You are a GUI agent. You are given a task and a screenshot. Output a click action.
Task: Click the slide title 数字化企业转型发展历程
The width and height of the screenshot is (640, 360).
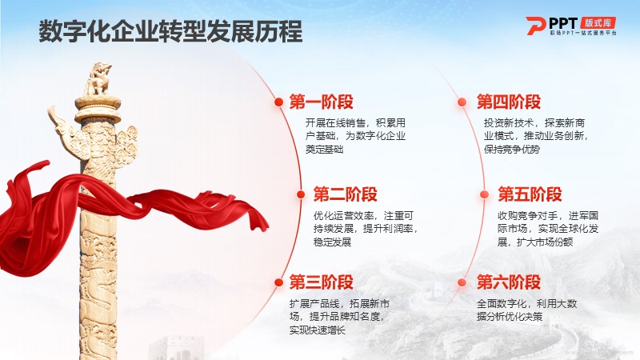pyautogui.click(x=170, y=31)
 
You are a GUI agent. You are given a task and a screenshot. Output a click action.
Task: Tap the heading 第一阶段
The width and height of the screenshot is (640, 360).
pyautogui.click(x=322, y=102)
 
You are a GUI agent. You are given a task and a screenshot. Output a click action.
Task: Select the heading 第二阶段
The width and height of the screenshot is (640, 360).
pyautogui.click(x=346, y=194)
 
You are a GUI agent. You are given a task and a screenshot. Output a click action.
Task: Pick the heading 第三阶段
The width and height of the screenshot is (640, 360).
pyautogui.click(x=322, y=282)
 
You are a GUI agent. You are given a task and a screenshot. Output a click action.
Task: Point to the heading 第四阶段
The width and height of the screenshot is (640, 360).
pyautogui.click(x=509, y=102)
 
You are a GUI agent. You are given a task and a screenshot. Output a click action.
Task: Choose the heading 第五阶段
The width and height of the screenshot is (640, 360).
pyautogui.click(x=530, y=194)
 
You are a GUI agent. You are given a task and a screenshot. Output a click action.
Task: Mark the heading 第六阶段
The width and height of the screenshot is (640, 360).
pyautogui.click(x=509, y=282)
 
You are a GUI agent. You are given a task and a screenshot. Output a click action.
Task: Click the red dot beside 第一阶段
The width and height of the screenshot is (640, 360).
pyautogui.click(x=279, y=102)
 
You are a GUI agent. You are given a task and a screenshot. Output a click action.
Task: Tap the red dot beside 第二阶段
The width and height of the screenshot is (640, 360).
pyautogui.click(x=301, y=194)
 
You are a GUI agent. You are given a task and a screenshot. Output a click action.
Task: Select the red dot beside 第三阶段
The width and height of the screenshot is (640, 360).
pyautogui.click(x=279, y=282)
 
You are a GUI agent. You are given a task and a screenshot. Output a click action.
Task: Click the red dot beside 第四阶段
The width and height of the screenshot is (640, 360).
pyautogui.click(x=462, y=102)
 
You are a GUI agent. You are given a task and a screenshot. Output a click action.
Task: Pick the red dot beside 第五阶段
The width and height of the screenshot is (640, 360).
pyautogui.click(x=485, y=194)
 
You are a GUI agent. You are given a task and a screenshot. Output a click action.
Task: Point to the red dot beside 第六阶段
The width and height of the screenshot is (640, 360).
pyautogui.click(x=462, y=282)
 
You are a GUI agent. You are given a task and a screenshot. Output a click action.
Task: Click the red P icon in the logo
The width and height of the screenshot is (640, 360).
pyautogui.click(x=535, y=26)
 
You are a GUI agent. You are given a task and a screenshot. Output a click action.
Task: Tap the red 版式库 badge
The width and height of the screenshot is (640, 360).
pyautogui.click(x=598, y=23)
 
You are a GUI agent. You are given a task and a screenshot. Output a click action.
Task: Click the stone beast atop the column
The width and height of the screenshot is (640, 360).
pyautogui.click(x=98, y=79)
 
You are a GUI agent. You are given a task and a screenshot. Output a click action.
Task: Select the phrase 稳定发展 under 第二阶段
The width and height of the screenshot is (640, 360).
pyautogui.click(x=332, y=242)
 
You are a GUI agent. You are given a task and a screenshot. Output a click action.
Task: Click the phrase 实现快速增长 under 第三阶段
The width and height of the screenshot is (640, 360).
pyautogui.click(x=318, y=330)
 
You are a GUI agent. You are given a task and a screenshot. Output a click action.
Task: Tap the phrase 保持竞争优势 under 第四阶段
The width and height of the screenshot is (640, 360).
pyautogui.click(x=512, y=150)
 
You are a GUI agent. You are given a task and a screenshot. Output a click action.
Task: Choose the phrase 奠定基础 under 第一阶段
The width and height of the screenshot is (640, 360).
pyautogui.click(x=325, y=150)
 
